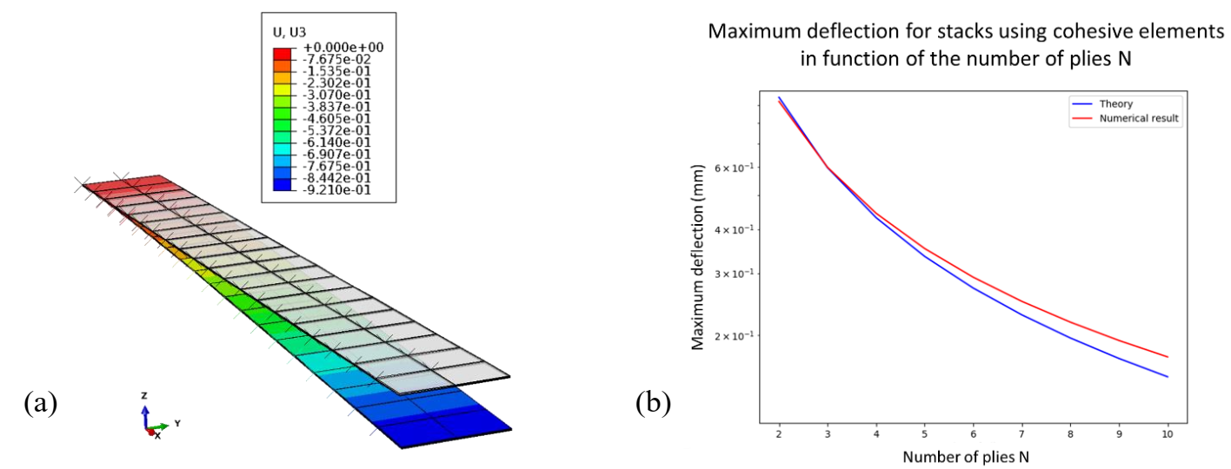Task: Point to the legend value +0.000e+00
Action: pos(343,47)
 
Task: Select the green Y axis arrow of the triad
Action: pos(162,426)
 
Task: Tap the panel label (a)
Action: pos(41,403)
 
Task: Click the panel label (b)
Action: pos(653,403)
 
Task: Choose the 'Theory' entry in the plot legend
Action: pos(1116,104)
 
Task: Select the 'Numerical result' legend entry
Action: pos(1139,119)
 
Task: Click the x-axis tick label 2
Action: pos(779,433)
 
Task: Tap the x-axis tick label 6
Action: pos(973,433)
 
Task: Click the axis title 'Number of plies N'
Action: pos(972,456)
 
